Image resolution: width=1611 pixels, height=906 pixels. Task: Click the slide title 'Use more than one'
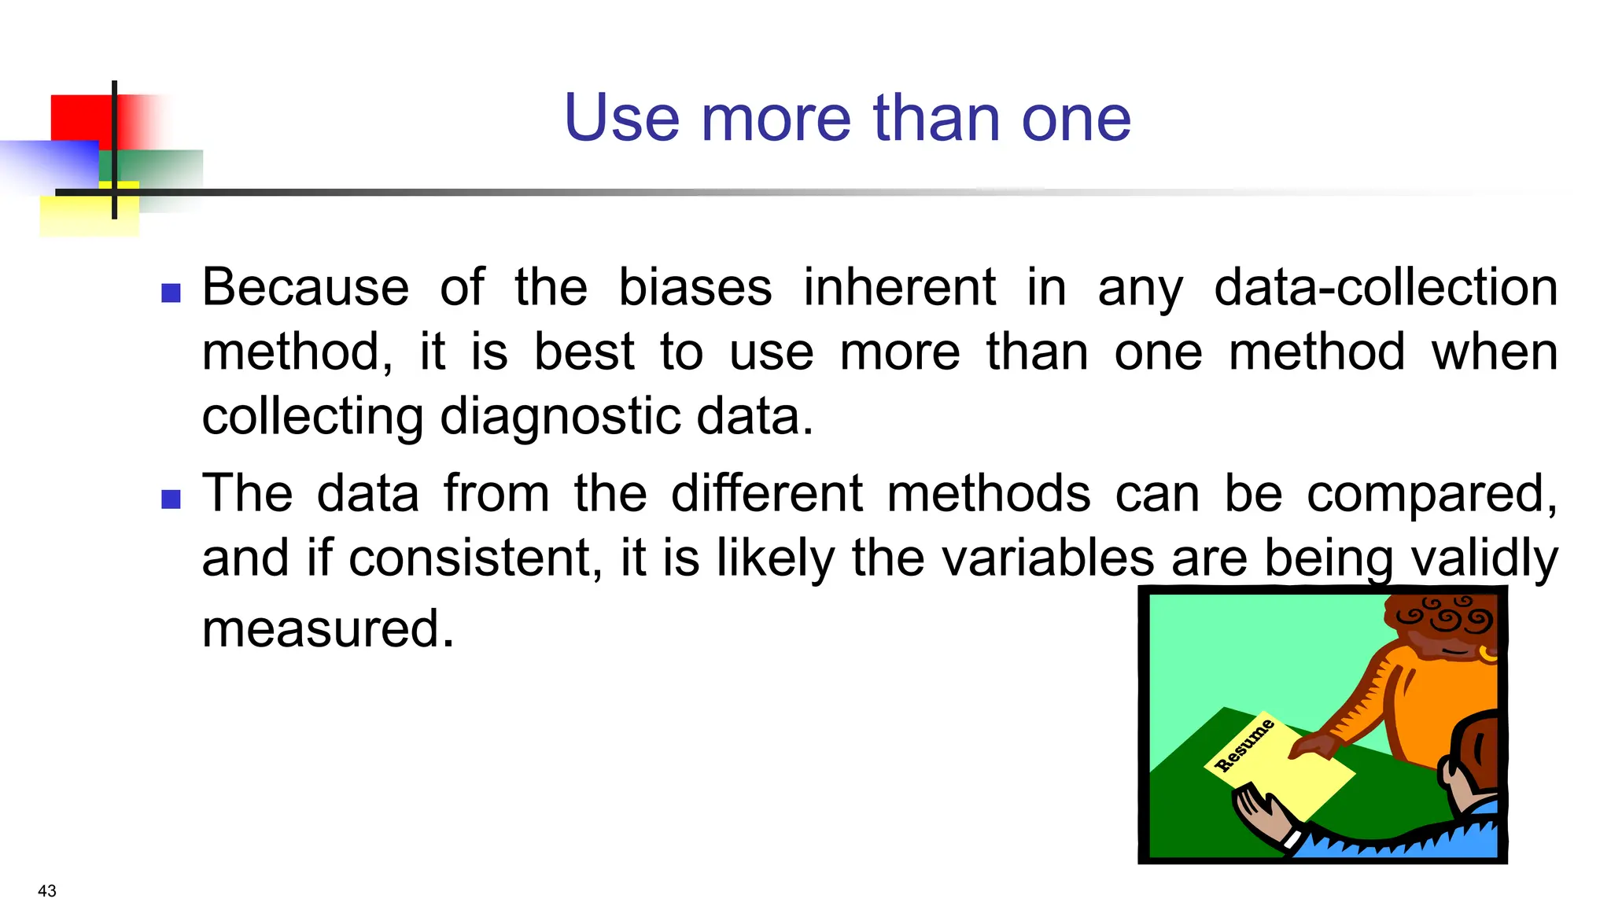pyautogui.click(x=847, y=118)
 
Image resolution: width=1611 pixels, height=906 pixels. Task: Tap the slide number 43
pyautogui.click(x=47, y=891)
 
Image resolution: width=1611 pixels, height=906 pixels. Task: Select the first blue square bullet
pyautogui.click(x=171, y=293)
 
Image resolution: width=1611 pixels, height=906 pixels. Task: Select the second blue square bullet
pyautogui.click(x=171, y=499)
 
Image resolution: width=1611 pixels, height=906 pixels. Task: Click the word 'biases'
pyautogui.click(x=695, y=287)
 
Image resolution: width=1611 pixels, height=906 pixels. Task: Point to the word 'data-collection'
pyautogui.click(x=1385, y=287)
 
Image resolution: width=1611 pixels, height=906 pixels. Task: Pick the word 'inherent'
pyautogui.click(x=899, y=287)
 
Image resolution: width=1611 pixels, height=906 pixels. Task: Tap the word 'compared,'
pyautogui.click(x=1432, y=495)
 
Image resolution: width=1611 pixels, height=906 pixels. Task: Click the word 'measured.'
pyautogui.click(x=328, y=629)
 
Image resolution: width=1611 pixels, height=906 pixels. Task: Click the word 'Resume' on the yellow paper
pyautogui.click(x=1244, y=746)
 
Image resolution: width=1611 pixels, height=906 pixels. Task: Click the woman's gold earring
pyautogui.click(x=1488, y=653)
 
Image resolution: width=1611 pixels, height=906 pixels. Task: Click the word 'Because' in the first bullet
pyautogui.click(x=305, y=287)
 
